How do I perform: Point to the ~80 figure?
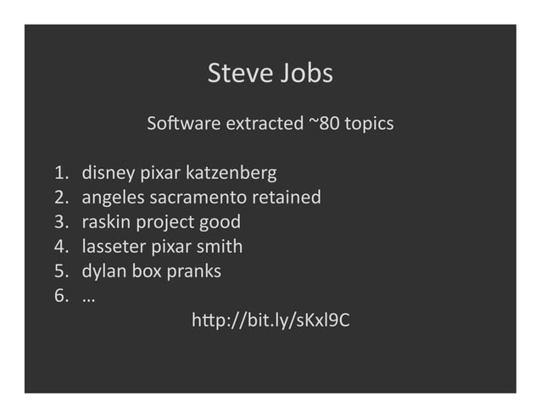[x=321, y=124]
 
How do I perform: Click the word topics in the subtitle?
[x=366, y=124]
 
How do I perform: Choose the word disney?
[x=109, y=174]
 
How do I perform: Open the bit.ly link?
[x=271, y=320]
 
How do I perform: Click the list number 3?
[x=60, y=222]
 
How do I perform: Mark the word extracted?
[x=263, y=124]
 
